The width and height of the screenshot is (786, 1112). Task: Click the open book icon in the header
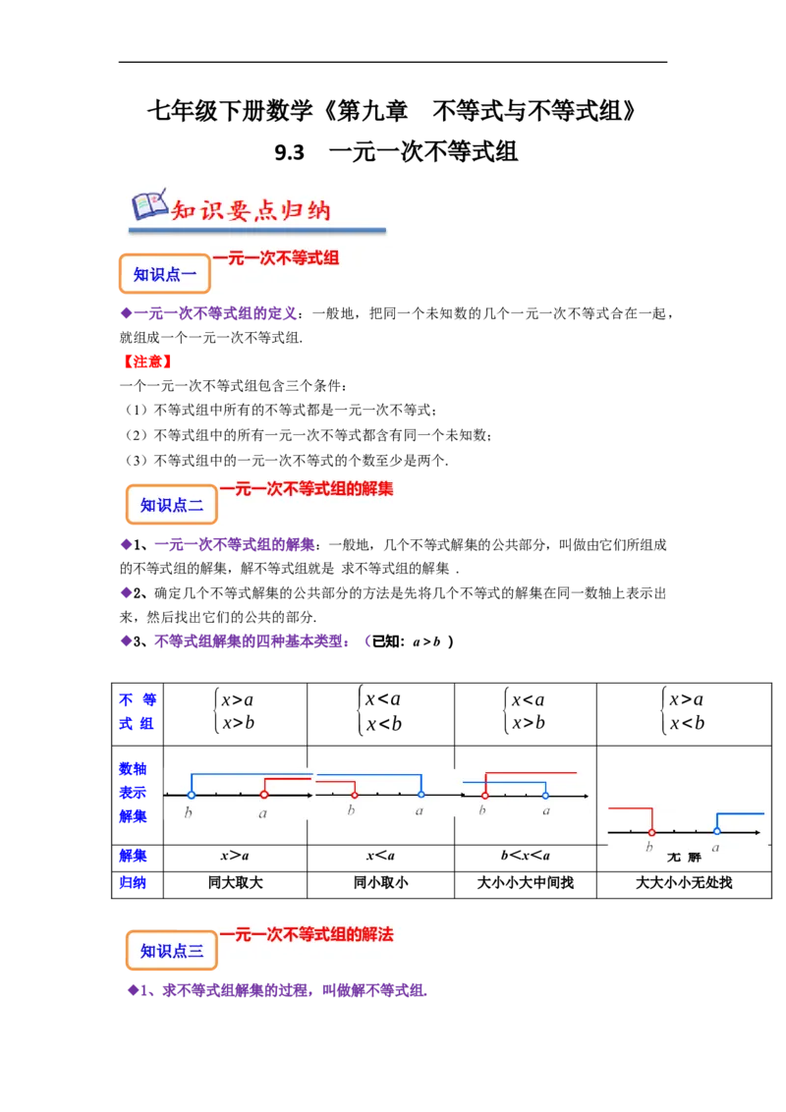click(148, 203)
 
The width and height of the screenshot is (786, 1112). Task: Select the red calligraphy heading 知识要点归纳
click(251, 210)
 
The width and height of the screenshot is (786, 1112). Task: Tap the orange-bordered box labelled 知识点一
click(165, 275)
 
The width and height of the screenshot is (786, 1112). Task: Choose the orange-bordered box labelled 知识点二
click(171, 505)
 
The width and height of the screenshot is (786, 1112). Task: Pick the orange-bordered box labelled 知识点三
click(171, 950)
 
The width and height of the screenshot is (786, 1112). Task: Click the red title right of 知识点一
click(276, 257)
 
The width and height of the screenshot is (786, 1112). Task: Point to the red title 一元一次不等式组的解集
click(306, 487)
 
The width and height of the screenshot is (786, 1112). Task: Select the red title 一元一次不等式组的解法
click(306, 934)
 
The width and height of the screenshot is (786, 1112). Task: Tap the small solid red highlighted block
click(145, 361)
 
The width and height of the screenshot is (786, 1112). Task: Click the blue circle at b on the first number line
click(191, 795)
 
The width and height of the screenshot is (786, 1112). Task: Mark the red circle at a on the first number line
click(263, 795)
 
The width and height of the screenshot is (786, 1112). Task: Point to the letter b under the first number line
click(189, 813)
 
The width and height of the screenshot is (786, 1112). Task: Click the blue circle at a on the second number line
click(421, 795)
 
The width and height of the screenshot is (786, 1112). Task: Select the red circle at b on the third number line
click(484, 795)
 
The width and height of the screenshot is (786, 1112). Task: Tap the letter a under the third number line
click(546, 811)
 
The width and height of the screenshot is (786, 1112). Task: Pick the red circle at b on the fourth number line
click(650, 832)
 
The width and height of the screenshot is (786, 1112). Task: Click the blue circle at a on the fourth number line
click(716, 832)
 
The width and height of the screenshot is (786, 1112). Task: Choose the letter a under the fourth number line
click(715, 847)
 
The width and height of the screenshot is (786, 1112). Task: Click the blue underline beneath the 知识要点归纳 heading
click(260, 231)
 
